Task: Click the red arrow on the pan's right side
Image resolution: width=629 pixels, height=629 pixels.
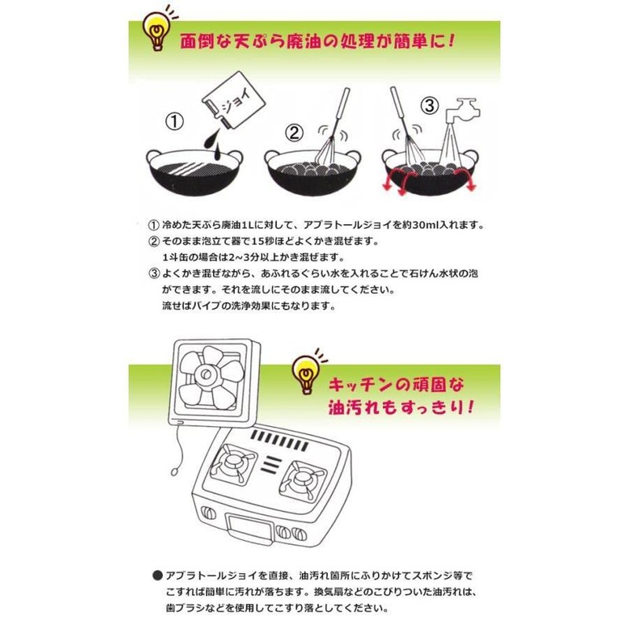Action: [469, 183]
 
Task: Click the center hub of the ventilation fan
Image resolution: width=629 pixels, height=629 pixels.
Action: [212, 376]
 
